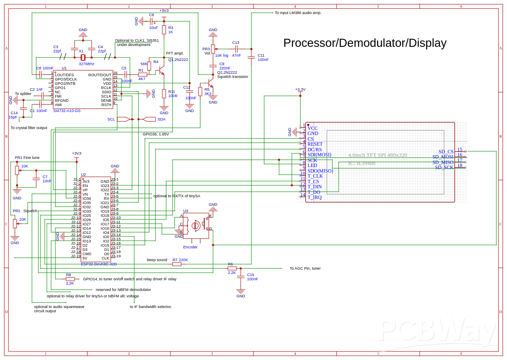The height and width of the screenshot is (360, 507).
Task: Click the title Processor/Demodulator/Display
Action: point(365,43)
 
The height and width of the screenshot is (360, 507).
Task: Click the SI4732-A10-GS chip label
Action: point(66,111)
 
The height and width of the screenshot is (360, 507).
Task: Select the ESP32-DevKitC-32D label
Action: point(99,264)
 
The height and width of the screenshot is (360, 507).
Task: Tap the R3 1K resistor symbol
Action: point(164,30)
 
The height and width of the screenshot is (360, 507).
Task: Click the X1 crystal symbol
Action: point(83,58)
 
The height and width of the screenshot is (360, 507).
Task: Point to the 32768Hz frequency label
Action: point(86,64)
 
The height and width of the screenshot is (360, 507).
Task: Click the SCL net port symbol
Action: point(123,119)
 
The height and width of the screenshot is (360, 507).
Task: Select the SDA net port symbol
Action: point(149,119)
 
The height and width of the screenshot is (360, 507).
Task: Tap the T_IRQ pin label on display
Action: point(314,197)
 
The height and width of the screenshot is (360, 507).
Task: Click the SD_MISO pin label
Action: point(443,162)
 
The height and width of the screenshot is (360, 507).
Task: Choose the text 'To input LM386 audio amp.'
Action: point(298,13)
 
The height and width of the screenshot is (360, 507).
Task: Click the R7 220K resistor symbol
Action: point(177,264)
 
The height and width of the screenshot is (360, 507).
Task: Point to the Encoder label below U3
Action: point(190,247)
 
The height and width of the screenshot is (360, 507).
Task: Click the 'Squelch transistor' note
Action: point(233,77)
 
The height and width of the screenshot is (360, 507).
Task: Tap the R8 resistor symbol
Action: point(70,279)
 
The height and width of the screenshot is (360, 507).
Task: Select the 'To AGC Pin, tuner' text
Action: point(305,268)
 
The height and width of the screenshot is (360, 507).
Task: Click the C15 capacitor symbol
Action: point(241,277)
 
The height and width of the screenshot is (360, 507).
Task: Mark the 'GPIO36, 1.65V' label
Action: point(156,134)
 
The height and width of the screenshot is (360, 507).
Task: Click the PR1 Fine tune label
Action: point(27,158)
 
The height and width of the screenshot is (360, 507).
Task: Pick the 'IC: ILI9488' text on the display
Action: point(362,163)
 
